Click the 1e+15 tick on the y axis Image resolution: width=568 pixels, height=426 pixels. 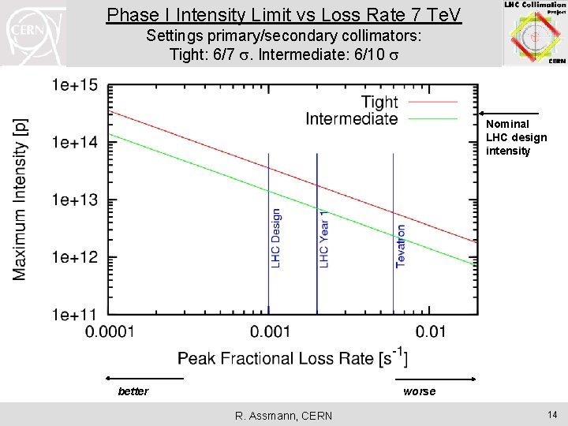[77, 84]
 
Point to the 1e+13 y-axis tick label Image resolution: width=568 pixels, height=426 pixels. [77, 200]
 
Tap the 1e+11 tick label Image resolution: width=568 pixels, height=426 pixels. [77, 315]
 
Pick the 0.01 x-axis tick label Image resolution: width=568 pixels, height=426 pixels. [431, 332]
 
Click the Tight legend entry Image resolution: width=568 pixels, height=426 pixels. [379, 102]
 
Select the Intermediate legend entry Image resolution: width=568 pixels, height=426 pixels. [351, 118]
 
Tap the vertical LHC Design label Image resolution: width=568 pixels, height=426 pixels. [275, 237]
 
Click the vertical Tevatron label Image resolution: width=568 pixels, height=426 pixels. [401, 245]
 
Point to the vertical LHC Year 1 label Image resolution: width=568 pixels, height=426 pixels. [323, 237]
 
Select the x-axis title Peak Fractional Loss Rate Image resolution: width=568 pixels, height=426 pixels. [293, 359]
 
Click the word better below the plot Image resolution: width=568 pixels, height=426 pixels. [133, 391]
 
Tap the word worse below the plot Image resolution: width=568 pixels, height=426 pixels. [419, 391]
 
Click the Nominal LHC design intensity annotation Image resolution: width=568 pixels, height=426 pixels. [516, 137]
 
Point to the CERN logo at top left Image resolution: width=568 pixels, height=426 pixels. [32, 33]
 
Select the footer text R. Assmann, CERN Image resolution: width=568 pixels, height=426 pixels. [284, 416]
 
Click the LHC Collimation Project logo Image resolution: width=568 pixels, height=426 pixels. [535, 33]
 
